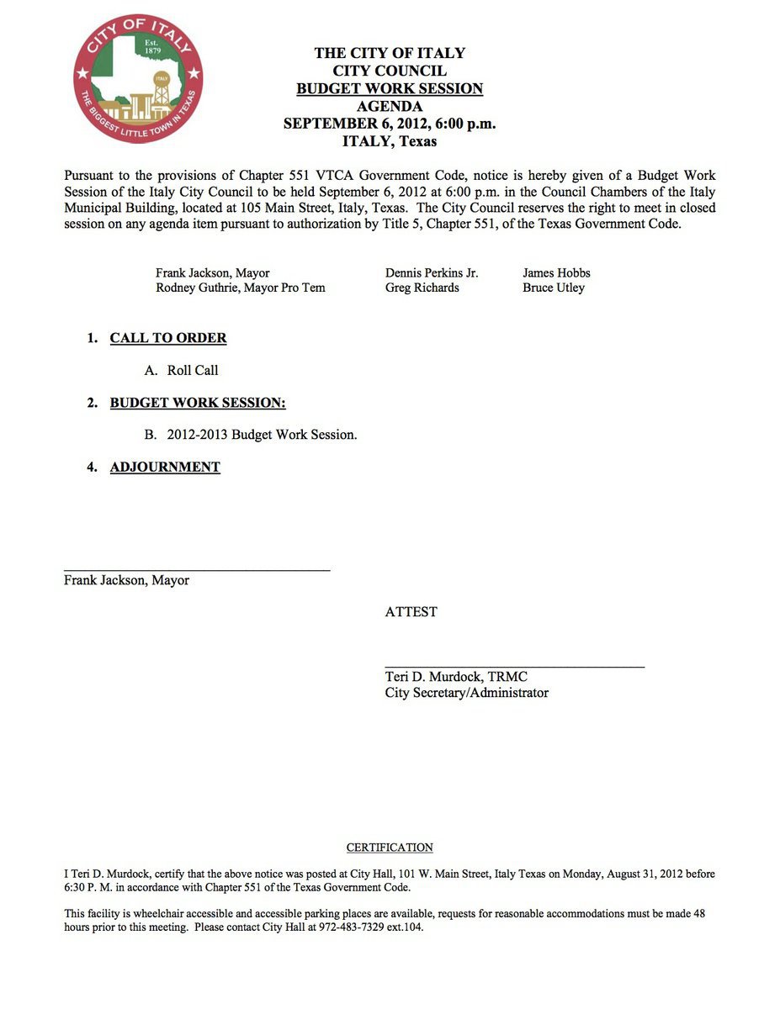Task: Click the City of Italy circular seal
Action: coord(138,77)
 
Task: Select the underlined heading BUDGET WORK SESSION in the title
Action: coord(390,89)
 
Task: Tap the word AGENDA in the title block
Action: coord(390,107)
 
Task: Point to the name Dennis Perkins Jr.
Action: coord(432,273)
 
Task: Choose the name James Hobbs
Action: coord(556,273)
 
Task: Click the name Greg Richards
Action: coord(422,288)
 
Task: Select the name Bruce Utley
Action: coord(553,288)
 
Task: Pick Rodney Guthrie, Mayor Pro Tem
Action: coord(240,288)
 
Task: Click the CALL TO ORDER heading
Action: coord(168,338)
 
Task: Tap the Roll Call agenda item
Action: coord(193,370)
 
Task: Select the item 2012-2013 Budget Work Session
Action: coord(262,435)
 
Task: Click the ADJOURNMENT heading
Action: coord(165,468)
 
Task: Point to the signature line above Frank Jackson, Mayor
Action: coord(197,571)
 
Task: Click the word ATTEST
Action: coord(411,612)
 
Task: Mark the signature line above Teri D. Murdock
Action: coord(515,667)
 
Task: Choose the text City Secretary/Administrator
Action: coord(466,693)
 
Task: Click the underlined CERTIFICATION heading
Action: coord(390,848)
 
